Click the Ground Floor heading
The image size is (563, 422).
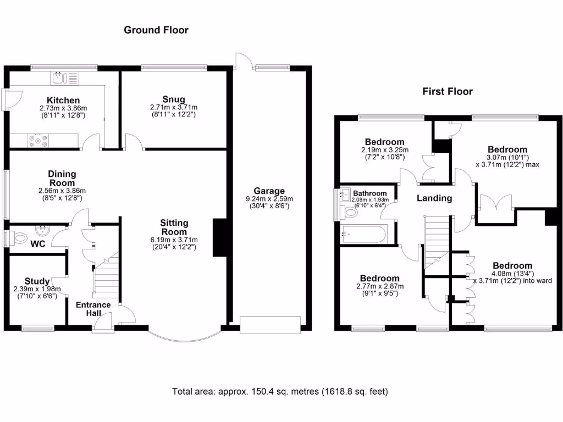point(156,30)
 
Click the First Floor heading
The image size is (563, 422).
point(447,92)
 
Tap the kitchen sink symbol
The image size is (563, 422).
point(59,78)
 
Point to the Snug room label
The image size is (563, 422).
point(173,99)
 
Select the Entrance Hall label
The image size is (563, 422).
point(93,309)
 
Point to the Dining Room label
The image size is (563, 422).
point(62,178)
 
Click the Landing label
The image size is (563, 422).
point(434,198)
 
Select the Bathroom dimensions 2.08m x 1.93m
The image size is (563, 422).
point(371,200)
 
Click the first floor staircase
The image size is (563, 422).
point(436,241)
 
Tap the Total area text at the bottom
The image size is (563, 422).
point(280,392)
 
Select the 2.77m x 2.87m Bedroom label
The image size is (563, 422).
point(379,286)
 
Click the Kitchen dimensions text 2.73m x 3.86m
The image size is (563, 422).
point(63,109)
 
